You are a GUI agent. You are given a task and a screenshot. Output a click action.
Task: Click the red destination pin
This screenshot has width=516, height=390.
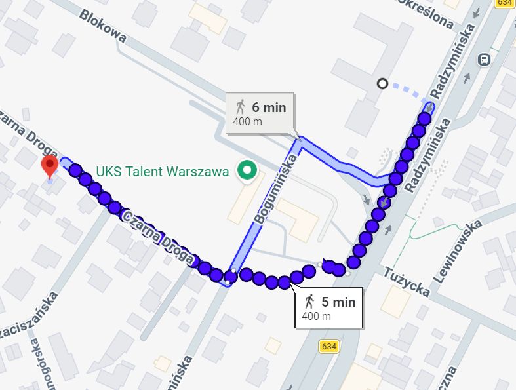50,166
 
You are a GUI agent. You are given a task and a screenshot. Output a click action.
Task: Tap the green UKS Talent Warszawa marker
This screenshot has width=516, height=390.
247,171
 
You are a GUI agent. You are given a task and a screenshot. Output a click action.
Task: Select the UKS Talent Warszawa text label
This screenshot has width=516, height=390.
162,172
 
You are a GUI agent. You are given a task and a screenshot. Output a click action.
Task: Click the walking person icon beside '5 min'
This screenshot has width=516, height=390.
309,302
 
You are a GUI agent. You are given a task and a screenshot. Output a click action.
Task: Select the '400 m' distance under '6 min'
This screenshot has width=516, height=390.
247,121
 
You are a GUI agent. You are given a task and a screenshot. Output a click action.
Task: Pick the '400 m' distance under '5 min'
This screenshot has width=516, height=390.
316,316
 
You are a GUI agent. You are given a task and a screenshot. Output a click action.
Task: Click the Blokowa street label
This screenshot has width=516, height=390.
103,27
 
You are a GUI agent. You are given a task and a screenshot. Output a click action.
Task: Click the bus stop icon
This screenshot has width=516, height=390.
484,60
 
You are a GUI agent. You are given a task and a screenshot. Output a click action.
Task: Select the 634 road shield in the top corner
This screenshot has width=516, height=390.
504,3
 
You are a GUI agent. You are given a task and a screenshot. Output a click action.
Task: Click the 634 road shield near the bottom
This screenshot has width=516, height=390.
330,345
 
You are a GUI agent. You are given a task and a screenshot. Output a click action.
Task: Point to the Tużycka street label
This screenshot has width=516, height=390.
407,283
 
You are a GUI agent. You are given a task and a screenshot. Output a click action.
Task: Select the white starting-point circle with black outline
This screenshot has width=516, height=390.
382,83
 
